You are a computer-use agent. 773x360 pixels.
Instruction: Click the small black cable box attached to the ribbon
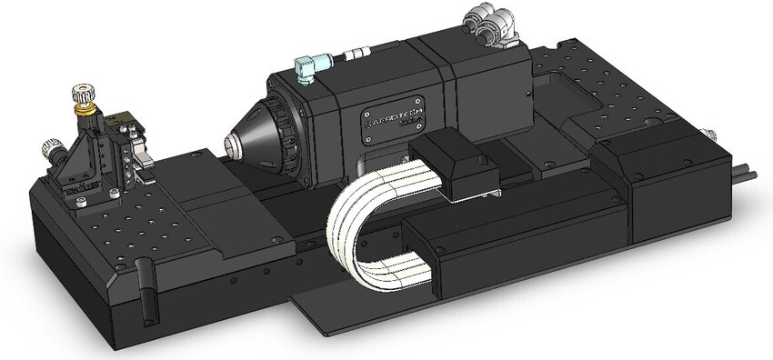click(x=455, y=164)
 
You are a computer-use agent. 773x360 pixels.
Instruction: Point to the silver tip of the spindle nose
click(x=231, y=144)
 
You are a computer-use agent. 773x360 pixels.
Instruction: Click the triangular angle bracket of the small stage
click(x=73, y=168)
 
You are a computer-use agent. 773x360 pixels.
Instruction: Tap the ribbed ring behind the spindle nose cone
click(x=283, y=136)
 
